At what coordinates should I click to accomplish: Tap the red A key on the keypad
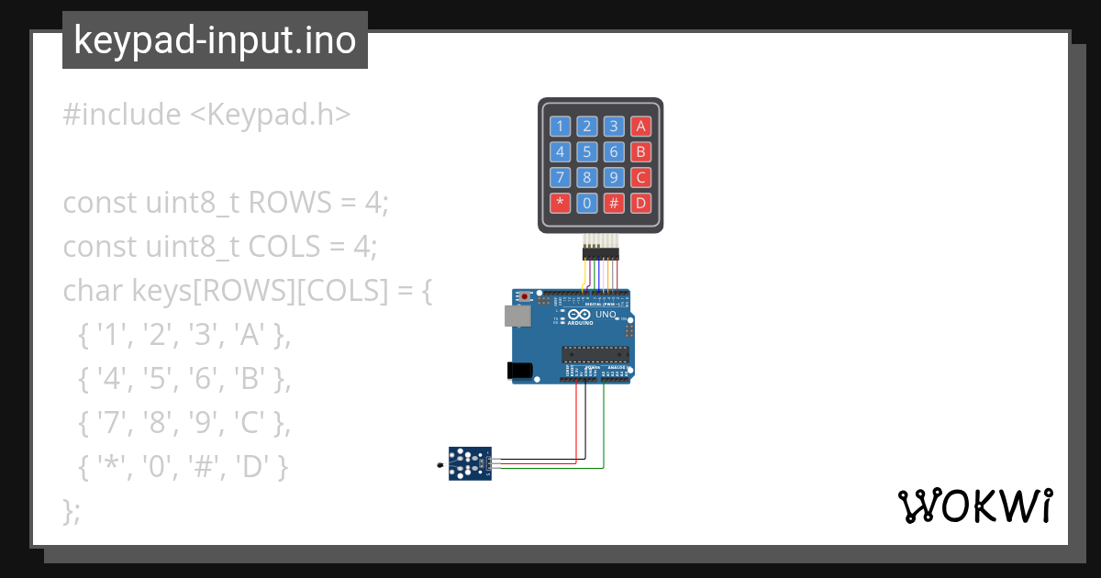click(x=641, y=127)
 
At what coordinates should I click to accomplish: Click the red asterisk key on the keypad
click(x=560, y=203)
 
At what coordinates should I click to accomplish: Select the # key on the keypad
click(x=615, y=203)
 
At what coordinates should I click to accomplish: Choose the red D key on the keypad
click(x=641, y=203)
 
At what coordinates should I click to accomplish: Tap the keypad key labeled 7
click(x=560, y=177)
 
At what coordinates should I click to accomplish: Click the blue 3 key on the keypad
click(x=615, y=127)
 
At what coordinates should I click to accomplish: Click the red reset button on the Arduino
click(x=525, y=297)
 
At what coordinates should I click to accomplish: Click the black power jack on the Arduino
click(x=519, y=370)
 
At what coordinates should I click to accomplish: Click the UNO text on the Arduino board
click(x=606, y=315)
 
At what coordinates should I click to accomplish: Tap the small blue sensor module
click(x=469, y=462)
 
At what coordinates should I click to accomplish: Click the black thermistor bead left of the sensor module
click(x=440, y=467)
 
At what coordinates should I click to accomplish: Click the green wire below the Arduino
click(x=604, y=431)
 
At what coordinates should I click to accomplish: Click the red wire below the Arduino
click(x=576, y=422)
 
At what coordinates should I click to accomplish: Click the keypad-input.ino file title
click(x=215, y=40)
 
